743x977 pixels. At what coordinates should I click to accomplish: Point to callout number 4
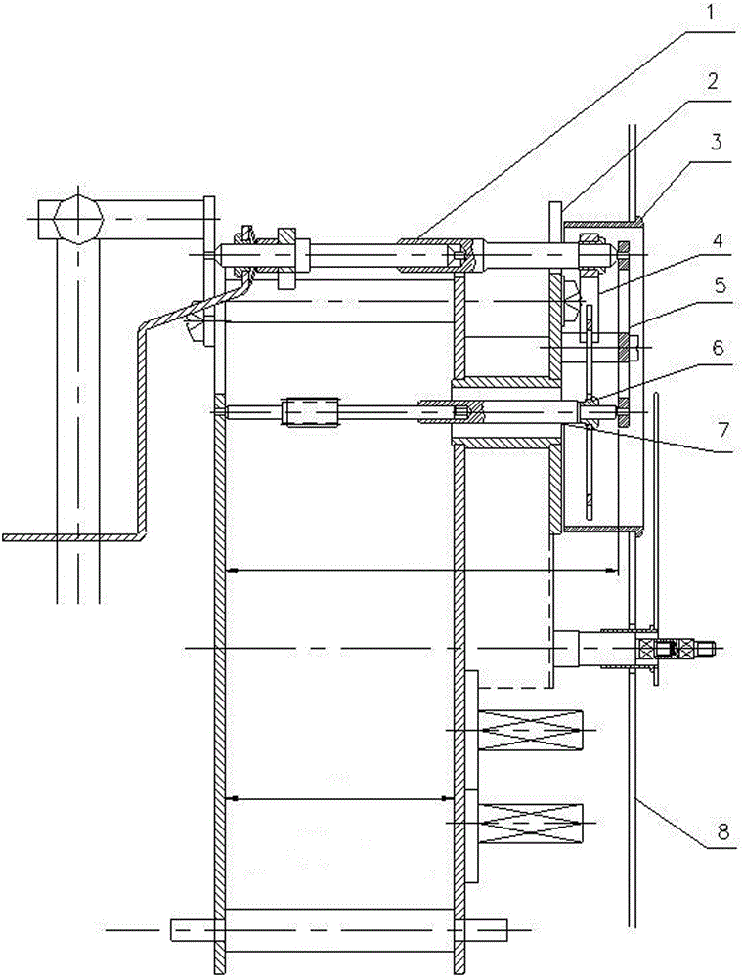coord(719,241)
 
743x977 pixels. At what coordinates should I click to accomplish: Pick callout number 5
coord(719,285)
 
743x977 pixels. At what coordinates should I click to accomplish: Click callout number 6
coord(719,348)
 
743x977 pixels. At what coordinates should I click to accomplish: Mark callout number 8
coord(721,832)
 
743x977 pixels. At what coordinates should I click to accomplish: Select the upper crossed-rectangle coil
coord(532,730)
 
